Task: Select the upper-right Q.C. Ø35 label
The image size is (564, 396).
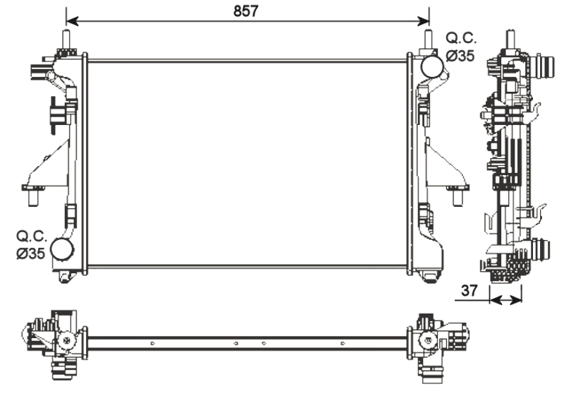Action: tap(460, 47)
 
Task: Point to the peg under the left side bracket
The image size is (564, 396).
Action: tap(32, 198)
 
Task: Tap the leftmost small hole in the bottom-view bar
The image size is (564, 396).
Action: tap(152, 344)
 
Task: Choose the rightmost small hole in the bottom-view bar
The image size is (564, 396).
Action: tap(342, 344)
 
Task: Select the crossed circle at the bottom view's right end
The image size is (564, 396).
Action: tap(427, 341)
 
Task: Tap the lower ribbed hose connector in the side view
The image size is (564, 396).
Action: tap(541, 251)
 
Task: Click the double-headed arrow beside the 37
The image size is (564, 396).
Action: tap(506, 300)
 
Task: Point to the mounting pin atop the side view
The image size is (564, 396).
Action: tap(508, 39)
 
